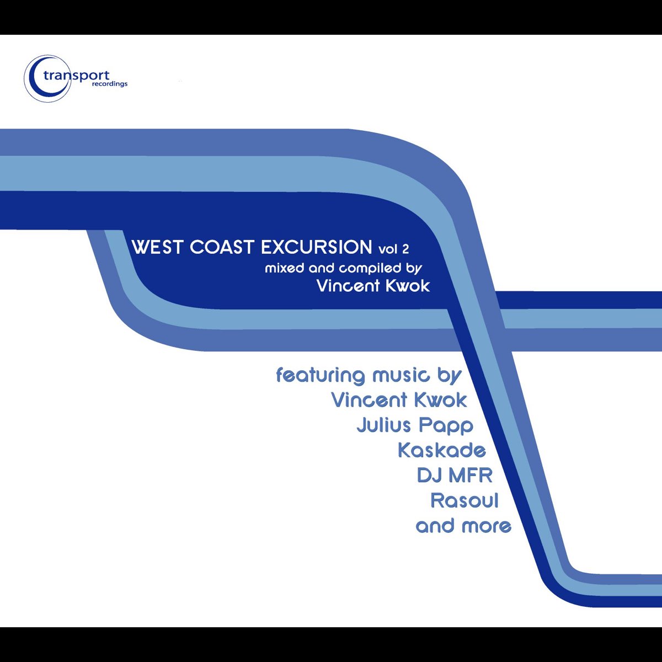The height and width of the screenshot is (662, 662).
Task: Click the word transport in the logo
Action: (x=77, y=76)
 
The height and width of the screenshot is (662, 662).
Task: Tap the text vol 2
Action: (x=393, y=249)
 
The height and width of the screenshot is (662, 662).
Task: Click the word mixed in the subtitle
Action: (x=284, y=269)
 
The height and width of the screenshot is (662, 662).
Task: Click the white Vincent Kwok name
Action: (x=373, y=286)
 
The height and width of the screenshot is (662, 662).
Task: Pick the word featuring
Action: (x=321, y=375)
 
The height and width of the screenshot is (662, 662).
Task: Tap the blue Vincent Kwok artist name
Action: (x=399, y=400)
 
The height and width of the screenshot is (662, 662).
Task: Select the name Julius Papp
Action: (x=415, y=425)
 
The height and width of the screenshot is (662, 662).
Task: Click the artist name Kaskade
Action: (x=442, y=450)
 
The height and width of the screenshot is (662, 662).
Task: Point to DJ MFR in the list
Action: (x=455, y=475)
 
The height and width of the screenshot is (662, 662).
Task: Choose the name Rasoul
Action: (x=465, y=500)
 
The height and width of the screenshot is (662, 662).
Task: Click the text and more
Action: (x=463, y=526)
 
